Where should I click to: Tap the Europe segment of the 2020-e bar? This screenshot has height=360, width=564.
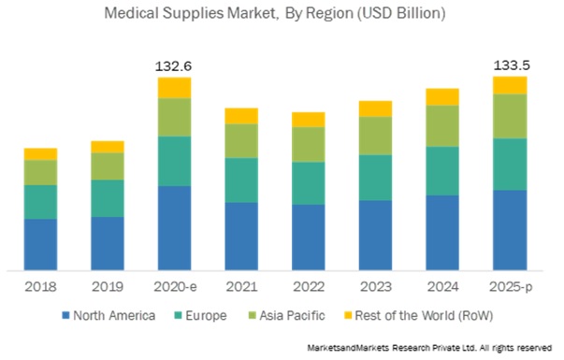tap(174, 161)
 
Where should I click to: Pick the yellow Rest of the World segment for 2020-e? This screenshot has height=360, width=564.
tap(174, 87)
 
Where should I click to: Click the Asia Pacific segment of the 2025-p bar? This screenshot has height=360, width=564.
tap(510, 116)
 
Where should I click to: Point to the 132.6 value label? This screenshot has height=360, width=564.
tap(174, 66)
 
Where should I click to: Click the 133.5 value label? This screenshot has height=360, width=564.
tap(510, 66)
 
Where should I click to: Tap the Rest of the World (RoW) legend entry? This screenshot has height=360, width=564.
tap(418, 315)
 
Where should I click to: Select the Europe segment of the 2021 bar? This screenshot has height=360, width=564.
tap(241, 180)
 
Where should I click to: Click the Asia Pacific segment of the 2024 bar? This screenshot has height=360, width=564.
tap(442, 125)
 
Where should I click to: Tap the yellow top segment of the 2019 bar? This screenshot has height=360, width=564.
tap(107, 146)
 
